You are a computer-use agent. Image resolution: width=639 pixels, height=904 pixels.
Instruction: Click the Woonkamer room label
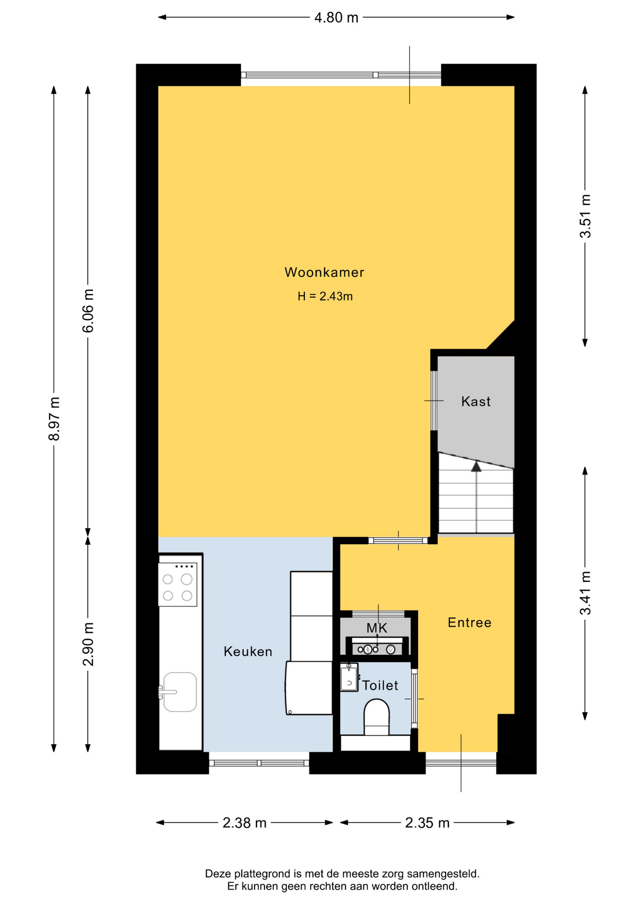click(324, 272)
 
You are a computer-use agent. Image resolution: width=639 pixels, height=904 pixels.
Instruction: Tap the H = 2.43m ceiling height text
click(325, 296)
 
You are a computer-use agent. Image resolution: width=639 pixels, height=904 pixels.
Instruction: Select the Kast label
click(476, 401)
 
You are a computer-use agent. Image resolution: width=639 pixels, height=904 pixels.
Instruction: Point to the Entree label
click(470, 622)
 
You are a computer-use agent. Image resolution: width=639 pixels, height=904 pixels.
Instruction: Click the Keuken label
click(248, 652)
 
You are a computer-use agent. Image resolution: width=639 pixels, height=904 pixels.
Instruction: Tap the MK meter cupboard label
click(377, 628)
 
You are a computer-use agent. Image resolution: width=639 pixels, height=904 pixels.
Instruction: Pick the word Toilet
click(380, 686)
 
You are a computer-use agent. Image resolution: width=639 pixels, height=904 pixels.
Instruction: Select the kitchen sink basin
click(180, 692)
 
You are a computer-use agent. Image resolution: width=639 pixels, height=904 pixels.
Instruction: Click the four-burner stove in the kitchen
click(177, 584)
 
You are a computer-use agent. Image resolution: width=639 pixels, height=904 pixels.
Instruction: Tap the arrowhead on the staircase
click(476, 466)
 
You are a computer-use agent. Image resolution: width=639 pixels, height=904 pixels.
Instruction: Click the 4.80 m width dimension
click(336, 17)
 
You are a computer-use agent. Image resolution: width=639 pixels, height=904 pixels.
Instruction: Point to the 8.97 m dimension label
click(54, 419)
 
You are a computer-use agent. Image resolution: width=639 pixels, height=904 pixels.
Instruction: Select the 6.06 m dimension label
click(88, 311)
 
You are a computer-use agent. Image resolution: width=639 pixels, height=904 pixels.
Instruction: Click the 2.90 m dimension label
click(88, 644)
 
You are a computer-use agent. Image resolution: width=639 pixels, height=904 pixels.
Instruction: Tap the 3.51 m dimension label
click(585, 216)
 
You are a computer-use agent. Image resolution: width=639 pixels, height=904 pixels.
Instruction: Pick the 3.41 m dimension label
click(585, 593)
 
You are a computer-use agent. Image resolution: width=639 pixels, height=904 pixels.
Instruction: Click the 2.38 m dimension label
click(245, 823)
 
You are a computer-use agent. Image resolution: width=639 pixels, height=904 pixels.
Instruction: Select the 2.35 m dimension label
click(427, 823)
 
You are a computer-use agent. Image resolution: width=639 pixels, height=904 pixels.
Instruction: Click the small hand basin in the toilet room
click(349, 678)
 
